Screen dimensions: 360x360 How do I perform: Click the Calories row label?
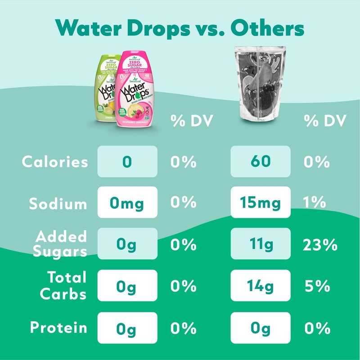pos(55,162)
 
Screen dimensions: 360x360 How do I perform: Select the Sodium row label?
pos(58,203)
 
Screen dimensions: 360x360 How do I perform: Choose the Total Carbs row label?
pos(63,285)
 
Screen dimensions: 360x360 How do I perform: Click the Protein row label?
pos(58,327)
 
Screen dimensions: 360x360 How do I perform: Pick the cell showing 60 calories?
pos(261,162)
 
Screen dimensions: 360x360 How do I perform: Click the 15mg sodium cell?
pos(261,203)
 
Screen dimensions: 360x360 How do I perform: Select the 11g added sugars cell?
pos(261,244)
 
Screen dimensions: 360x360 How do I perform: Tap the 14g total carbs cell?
pos(261,286)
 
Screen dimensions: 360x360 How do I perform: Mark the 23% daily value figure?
pos(320,245)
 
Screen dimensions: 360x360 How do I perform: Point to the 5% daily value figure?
pos(317,287)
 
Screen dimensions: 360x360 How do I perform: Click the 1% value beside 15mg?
pos(315,203)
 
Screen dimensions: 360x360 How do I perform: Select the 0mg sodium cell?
pos(127,203)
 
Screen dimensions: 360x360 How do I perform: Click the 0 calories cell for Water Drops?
pos(127,162)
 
